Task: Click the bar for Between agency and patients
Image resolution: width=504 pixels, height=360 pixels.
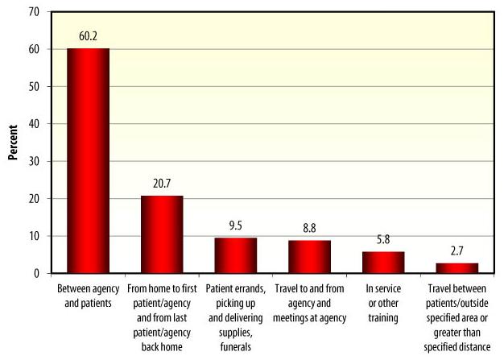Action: (x=88, y=161)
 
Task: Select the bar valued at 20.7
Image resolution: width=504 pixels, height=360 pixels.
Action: (x=162, y=234)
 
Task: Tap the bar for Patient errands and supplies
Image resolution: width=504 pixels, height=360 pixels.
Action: (x=235, y=255)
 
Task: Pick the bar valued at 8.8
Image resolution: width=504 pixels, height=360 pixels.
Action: (x=309, y=257)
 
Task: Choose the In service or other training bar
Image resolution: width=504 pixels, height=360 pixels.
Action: (x=383, y=263)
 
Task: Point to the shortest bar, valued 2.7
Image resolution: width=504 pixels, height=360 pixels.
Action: (x=457, y=268)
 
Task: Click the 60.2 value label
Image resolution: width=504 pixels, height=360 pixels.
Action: (x=89, y=35)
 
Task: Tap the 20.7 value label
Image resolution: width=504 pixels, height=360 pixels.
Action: (x=162, y=183)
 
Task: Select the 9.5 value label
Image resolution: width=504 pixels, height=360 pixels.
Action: (x=236, y=225)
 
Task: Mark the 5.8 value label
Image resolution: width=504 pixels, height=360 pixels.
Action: (x=383, y=238)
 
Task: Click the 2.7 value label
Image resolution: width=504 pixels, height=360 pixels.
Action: (x=457, y=250)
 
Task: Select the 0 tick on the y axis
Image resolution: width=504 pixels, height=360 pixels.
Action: (x=37, y=274)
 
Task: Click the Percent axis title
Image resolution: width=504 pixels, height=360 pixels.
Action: (x=13, y=143)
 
